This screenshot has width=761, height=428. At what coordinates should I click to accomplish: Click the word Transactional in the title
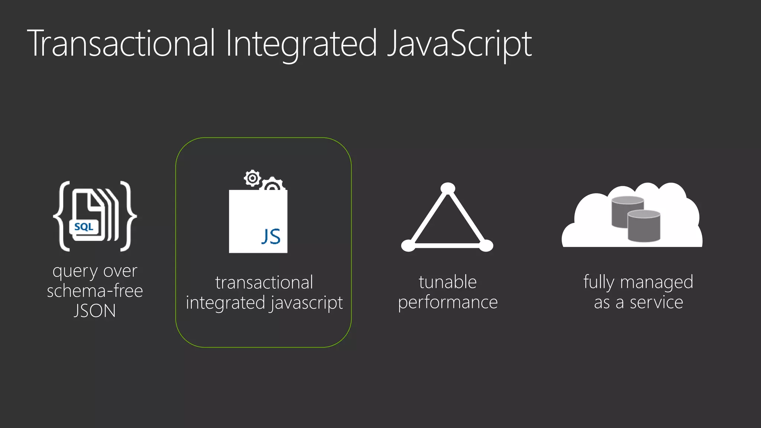coord(121,43)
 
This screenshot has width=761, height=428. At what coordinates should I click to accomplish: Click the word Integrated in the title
coord(301,43)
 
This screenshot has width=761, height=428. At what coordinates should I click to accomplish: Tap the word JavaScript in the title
coord(459,43)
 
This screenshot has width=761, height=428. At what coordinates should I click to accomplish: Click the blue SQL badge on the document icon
coord(84,227)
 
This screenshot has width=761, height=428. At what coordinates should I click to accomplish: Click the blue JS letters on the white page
coord(271,237)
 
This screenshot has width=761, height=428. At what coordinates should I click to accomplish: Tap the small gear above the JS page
coord(253,178)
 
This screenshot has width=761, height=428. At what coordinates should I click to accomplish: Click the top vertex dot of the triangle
coord(448,188)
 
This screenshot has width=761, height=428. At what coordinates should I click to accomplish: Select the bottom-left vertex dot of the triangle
coord(408,246)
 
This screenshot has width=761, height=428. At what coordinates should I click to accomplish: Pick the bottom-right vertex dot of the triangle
coord(486,246)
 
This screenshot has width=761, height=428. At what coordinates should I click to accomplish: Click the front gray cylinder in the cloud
coord(644,226)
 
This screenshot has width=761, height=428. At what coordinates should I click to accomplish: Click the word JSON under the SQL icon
coord(95,311)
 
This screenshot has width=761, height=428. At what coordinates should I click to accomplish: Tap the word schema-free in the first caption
coord(95,291)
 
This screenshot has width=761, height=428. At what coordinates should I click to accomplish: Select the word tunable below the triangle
coord(448,282)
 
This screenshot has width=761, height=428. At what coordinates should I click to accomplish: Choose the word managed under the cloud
coord(657,282)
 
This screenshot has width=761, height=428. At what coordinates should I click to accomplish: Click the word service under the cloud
coord(656,302)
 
